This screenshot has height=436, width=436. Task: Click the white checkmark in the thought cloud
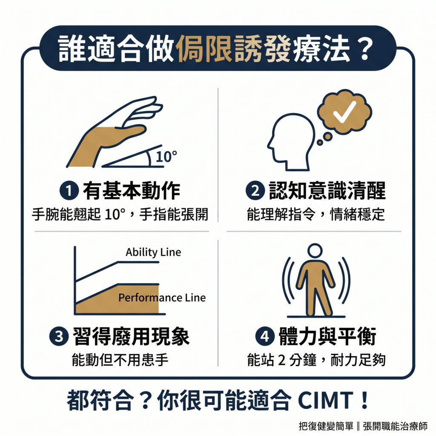click(344, 112)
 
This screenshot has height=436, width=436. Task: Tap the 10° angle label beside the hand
click(166, 156)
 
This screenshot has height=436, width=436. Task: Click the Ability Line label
click(153, 252)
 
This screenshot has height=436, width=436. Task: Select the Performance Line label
click(162, 298)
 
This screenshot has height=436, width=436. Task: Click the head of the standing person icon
click(316, 251)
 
